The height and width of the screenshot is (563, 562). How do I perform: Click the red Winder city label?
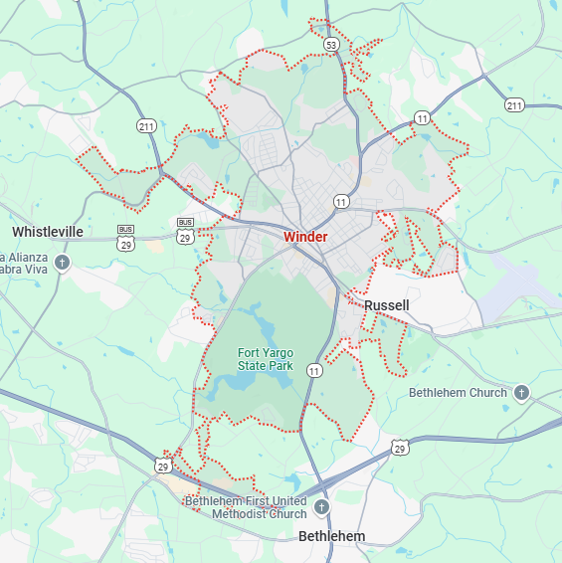coord(304,237)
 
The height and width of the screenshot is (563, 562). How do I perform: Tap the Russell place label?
coord(386,304)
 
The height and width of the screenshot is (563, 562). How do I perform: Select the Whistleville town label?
coord(48,231)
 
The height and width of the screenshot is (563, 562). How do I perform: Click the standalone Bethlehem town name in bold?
coord(331,536)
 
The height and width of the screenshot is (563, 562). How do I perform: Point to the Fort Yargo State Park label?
coord(265,359)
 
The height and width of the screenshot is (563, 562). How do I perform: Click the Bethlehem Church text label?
coord(458,393)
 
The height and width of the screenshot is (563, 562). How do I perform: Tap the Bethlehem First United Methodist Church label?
coord(246,507)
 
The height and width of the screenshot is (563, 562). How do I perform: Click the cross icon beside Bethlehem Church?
coord(522,393)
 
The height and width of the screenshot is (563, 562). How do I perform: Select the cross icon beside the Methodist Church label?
coord(320,507)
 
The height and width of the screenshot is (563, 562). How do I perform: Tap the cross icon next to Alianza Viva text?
coord(62,263)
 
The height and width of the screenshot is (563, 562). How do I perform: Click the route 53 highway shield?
coord(331,45)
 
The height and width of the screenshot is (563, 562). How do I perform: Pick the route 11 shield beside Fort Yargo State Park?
coord(314,371)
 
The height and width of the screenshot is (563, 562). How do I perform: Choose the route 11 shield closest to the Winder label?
coord(341,201)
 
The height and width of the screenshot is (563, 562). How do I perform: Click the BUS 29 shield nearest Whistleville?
coord(125,237)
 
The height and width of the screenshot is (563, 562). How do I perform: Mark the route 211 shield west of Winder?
coord(146,125)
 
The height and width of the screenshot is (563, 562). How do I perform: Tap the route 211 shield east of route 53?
coord(513,104)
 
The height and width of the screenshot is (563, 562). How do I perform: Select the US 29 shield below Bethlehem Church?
coord(399,448)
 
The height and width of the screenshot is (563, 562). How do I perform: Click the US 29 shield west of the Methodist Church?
coord(162,465)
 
